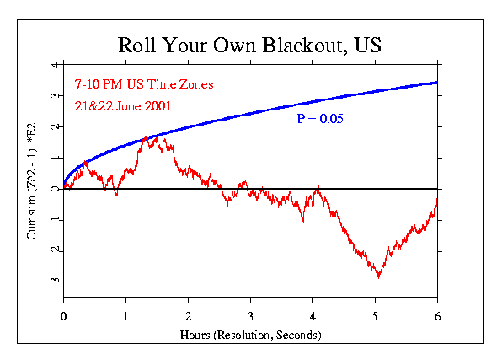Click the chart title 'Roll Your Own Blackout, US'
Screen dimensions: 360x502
[250, 45]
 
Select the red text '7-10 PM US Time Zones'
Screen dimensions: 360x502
[131, 85]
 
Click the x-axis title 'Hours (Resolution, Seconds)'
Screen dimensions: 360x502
[250, 335]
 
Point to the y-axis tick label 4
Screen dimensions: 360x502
[54, 65]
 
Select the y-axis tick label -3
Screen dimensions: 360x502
[54, 282]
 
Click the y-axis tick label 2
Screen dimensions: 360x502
[54, 127]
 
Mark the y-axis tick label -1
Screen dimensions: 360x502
[54, 220]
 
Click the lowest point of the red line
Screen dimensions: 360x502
[379, 277]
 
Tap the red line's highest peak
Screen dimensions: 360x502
[147, 135]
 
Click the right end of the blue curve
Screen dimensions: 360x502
[437, 82]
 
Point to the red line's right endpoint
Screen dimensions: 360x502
[437, 200]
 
